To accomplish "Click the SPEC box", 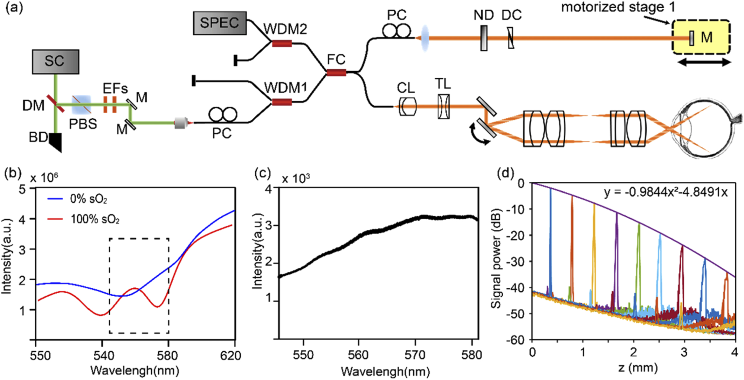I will pos(220,23).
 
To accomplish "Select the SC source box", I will pos(56,62).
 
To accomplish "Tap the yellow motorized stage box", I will pos(700,37).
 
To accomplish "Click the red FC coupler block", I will pos(336,73).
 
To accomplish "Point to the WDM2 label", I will pos(285,29).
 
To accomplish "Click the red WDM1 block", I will pos(282,102).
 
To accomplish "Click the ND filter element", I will pos(484,38).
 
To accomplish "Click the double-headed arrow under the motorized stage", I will pos(704,62).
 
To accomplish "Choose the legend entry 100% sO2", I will pos(95,219).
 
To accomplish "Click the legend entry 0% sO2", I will pos(88,199).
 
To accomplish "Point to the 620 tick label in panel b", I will pos(231,355).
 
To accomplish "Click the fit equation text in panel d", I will pos(665,193).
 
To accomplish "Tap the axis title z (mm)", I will pos(638,368).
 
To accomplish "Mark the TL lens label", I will pos(443,84).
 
